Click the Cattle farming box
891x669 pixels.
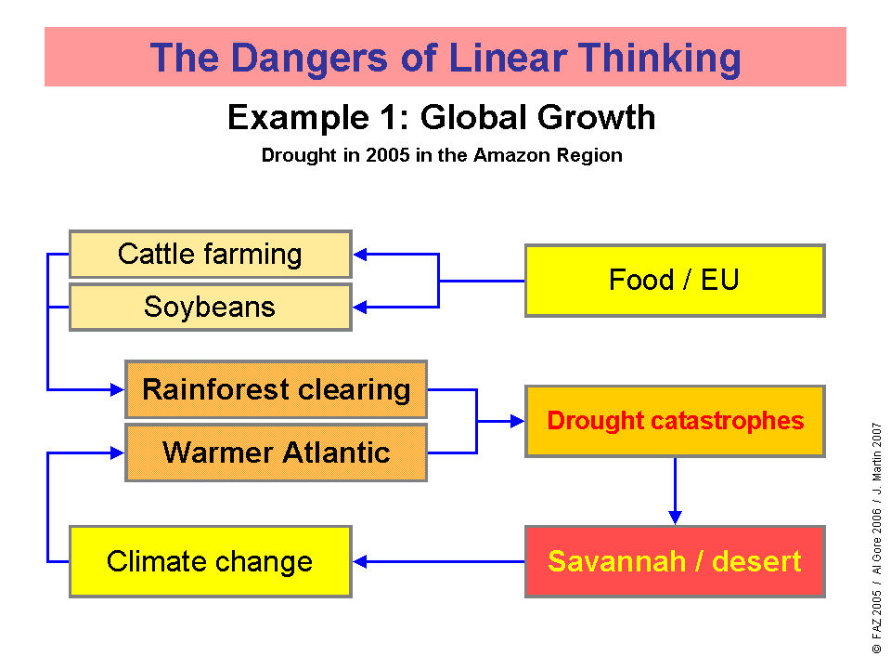(x=211, y=255)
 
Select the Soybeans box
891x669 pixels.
(x=211, y=308)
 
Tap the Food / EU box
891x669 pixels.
(x=675, y=281)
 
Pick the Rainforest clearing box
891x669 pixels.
(x=277, y=389)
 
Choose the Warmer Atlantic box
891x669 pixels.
(x=277, y=453)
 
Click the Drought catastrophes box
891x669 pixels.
(x=675, y=421)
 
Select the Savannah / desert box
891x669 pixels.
(x=675, y=561)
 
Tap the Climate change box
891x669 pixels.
(x=211, y=561)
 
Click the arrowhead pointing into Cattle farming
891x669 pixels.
(x=360, y=255)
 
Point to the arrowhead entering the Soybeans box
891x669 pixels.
(x=360, y=308)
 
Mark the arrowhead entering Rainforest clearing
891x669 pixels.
(x=117, y=389)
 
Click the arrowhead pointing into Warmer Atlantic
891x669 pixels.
(x=117, y=453)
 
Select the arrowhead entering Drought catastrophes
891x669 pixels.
(x=517, y=421)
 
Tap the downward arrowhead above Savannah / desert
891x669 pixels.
(x=675, y=518)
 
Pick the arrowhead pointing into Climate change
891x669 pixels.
(x=360, y=561)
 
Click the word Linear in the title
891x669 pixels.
(x=508, y=58)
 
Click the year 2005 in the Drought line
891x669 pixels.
(x=388, y=155)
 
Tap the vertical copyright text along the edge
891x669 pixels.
(x=877, y=538)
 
